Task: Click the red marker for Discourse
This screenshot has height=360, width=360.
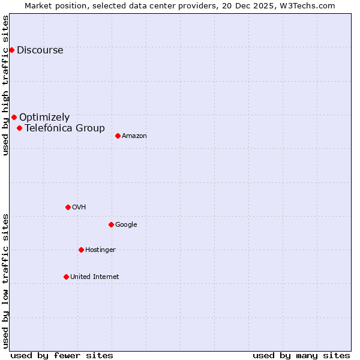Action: coord(11,50)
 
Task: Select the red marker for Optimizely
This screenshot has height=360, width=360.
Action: coord(14,118)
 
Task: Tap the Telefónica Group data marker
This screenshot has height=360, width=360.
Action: coord(19,128)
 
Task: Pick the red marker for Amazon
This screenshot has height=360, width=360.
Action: coord(118,136)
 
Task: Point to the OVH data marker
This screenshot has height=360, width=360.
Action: coord(68,207)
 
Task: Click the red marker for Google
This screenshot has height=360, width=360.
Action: coord(111,224)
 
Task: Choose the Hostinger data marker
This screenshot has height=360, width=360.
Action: coord(81,250)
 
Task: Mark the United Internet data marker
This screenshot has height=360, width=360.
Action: coord(66,277)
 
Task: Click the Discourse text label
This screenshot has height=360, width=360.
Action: coord(40,50)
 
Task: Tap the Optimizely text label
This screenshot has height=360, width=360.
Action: coord(44,118)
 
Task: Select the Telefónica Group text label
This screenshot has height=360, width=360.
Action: coord(65,128)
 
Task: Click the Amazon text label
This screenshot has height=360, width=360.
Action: coord(134,136)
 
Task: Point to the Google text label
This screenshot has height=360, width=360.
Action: coord(126,225)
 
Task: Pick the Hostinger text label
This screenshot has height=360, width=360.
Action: coord(100,250)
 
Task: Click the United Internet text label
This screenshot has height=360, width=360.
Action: coord(95,277)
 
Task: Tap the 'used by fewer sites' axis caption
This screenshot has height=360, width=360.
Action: coord(62,355)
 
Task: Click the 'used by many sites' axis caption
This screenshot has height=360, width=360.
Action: coord(301,355)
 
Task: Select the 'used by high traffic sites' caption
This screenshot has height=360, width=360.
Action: coord(6,85)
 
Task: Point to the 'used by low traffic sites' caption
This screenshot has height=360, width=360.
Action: coord(6,281)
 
